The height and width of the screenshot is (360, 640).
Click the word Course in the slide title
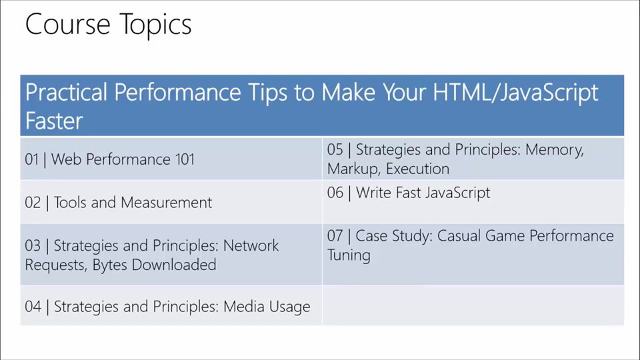coord(68,24)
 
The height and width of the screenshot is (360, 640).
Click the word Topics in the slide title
coord(155,25)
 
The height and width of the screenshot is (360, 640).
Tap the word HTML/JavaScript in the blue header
coord(515,93)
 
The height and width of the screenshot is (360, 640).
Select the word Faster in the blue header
coord(54,121)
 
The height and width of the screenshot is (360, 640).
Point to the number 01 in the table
coord(32,159)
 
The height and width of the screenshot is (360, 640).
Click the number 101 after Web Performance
coord(185,159)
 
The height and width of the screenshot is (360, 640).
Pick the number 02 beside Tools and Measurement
coord(33,203)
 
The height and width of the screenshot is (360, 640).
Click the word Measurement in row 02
coord(167,203)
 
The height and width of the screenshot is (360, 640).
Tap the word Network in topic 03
coord(251,246)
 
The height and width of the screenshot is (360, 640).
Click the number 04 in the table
coord(33,307)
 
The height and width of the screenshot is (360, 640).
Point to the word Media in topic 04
coord(244,307)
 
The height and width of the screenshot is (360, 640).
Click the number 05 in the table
coord(335,149)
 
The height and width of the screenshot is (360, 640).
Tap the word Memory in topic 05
coord(555,150)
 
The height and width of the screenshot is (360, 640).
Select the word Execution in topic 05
coord(417,169)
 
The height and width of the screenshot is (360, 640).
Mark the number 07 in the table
coord(335,236)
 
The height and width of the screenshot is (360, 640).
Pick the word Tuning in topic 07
coord(349,256)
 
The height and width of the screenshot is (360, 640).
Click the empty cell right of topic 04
coord(473,306)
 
